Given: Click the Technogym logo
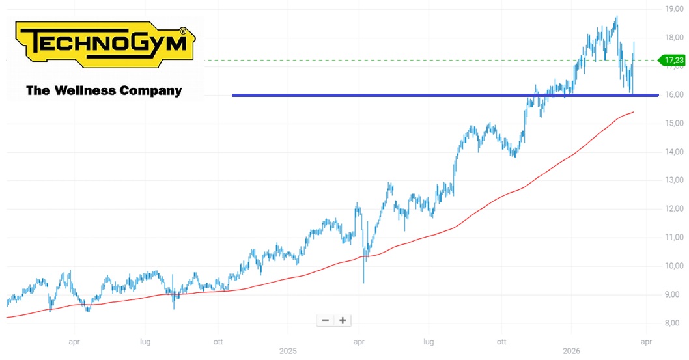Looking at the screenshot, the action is (x=105, y=44).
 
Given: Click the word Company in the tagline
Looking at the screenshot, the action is (x=150, y=91).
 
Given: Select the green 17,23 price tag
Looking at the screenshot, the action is (x=671, y=60).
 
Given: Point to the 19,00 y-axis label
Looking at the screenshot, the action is (x=674, y=8).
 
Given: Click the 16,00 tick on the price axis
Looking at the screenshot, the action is (x=674, y=95).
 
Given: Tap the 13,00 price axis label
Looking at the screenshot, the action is (x=674, y=180).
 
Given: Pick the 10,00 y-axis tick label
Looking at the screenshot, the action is (x=674, y=266).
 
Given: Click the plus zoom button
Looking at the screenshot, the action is (x=343, y=320).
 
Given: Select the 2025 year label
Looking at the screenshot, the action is (x=288, y=352).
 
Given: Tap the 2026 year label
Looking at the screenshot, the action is (x=571, y=352).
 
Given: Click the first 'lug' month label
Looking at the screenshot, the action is (x=145, y=342).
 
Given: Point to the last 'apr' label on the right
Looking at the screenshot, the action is (x=646, y=342).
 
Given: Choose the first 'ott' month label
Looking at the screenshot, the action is (x=218, y=342).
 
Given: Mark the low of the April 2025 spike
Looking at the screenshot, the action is (x=364, y=283).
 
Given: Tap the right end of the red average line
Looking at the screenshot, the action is (x=633, y=112).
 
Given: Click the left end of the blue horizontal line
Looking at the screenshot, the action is (x=232, y=95).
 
